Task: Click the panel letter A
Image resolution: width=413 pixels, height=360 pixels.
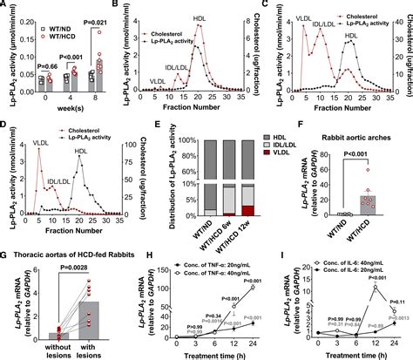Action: point(6,6)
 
